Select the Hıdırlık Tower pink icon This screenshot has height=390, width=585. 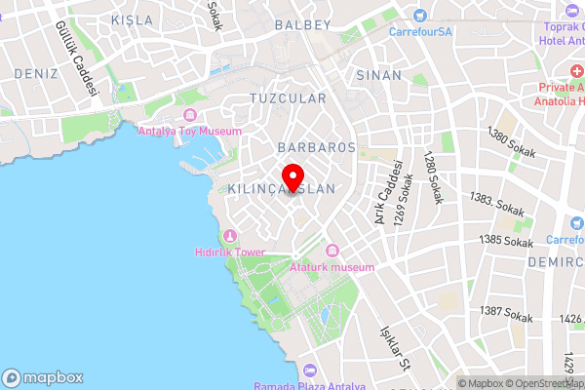tap(230, 236)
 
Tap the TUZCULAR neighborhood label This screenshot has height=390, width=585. tap(288, 99)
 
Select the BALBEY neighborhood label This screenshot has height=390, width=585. tap(304, 23)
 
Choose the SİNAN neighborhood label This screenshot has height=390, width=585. tap(379, 74)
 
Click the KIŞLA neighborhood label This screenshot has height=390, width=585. tap(133, 19)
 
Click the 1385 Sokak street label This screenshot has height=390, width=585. tap(507, 241)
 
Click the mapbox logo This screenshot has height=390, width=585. tap(43, 377)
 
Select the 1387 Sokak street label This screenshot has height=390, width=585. tap(506, 314)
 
